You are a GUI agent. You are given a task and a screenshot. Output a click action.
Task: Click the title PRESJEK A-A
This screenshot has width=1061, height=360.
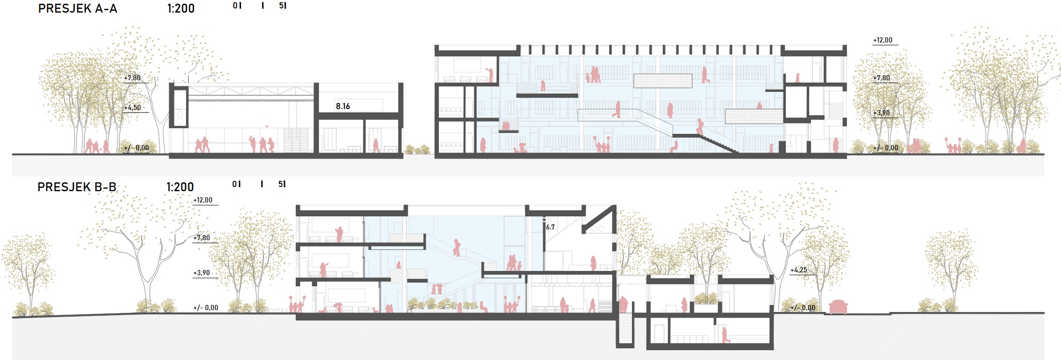pos(77,8)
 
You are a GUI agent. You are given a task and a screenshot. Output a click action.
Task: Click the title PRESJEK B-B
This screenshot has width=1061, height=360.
pos(76,187)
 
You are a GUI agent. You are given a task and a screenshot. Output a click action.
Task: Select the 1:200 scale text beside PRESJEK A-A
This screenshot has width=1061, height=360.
pos(180,8)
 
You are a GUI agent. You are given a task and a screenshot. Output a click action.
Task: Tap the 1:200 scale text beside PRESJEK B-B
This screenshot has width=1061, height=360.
pos(180,187)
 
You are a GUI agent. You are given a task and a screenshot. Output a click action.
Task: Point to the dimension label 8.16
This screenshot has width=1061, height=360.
pos(343,106)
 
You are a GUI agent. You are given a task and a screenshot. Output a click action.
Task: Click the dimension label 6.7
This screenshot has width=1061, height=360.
pos(550,227)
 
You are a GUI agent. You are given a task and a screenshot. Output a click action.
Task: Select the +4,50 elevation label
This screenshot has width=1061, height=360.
pos(132,107)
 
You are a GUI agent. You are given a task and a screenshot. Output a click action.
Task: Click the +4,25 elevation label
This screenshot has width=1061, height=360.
pos(798,270)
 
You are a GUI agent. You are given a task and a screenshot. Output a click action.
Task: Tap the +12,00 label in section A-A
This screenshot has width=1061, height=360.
pos(882,40)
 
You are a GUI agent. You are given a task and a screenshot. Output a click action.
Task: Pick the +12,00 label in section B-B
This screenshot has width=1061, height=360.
pos(203,200)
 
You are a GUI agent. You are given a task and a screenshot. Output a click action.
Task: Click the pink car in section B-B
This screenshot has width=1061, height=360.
pos(838,307)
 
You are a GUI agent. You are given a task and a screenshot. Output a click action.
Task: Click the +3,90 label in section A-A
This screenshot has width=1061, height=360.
pos(881,112)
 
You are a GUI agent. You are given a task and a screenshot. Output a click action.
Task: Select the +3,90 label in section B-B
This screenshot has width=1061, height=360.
pos(201,273)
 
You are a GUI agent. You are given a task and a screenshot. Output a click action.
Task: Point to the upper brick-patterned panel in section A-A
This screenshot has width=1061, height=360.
pos(662,81)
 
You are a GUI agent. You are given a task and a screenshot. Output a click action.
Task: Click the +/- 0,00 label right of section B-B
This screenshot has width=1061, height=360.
pos(802,308)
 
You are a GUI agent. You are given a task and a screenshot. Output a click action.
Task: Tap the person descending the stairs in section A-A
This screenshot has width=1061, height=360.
pos(700,127)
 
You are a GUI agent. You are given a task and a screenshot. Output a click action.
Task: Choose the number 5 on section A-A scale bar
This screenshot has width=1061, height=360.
pos(281,6)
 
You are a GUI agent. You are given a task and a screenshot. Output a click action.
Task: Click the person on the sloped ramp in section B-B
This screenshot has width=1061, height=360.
pos(457,247)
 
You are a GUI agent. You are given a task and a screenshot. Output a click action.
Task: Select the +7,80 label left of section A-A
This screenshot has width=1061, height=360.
pos(132,78)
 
